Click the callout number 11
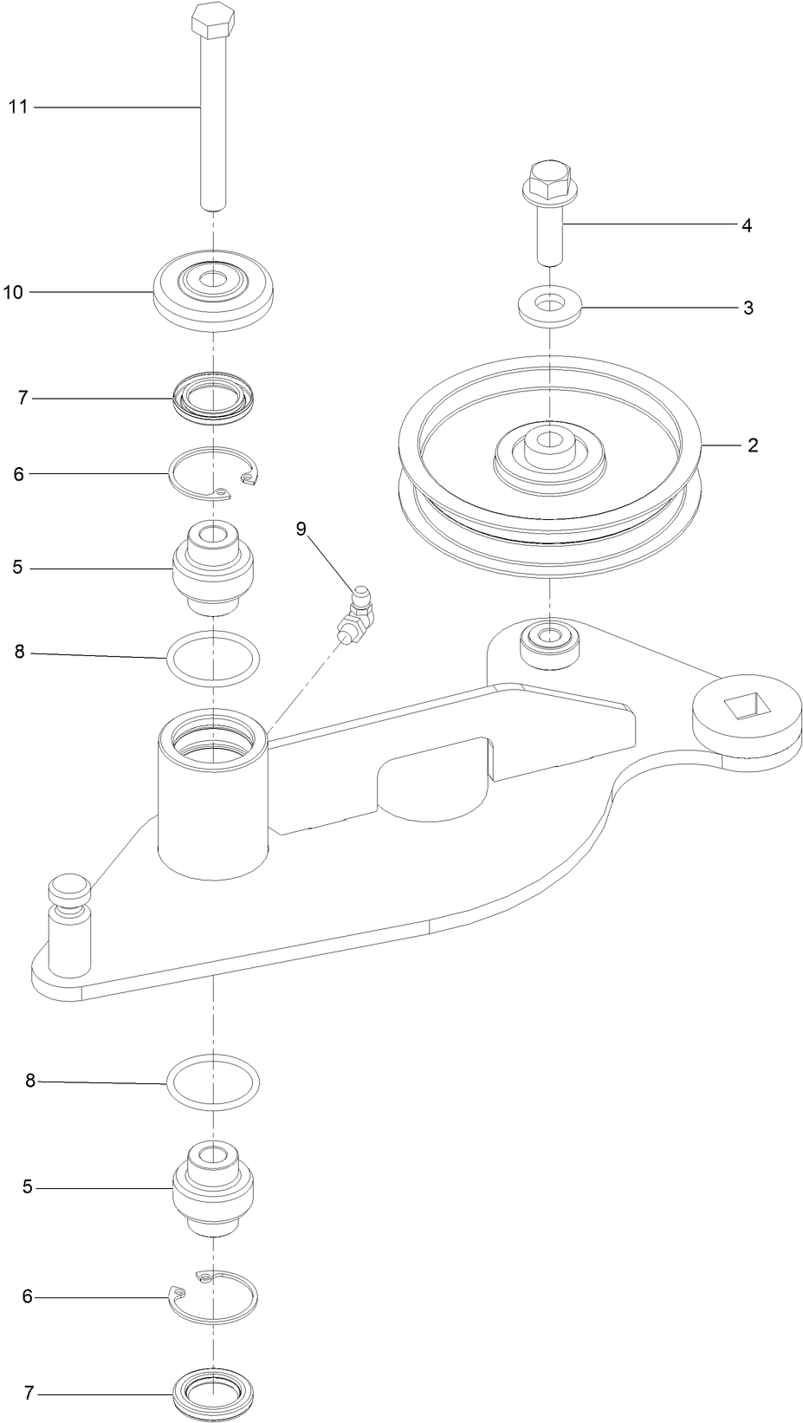pyautogui.click(x=18, y=107)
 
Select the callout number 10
pyautogui.click(x=13, y=293)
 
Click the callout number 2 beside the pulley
pyautogui.click(x=752, y=445)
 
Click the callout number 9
pyautogui.click(x=301, y=530)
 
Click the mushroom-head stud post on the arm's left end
pyautogui.click(x=68, y=893)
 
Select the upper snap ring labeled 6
pyautogui.click(x=214, y=474)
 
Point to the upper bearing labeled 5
pyautogui.click(x=213, y=568)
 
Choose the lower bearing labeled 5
pyautogui.click(x=213, y=1186)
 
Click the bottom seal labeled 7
pyautogui.click(x=213, y=1393)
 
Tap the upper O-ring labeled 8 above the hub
pyautogui.click(x=213, y=659)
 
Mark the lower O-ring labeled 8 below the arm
pyautogui.click(x=213, y=1082)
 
